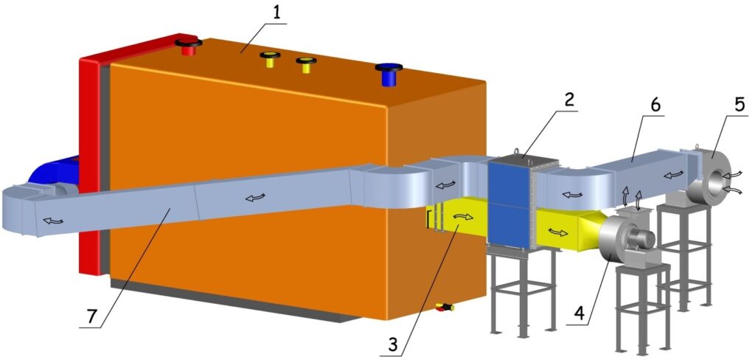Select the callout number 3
[394, 344]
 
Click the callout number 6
[655, 105]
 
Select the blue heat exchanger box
[509, 201]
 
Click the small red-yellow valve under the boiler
[445, 307]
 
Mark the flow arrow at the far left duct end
[53, 221]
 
